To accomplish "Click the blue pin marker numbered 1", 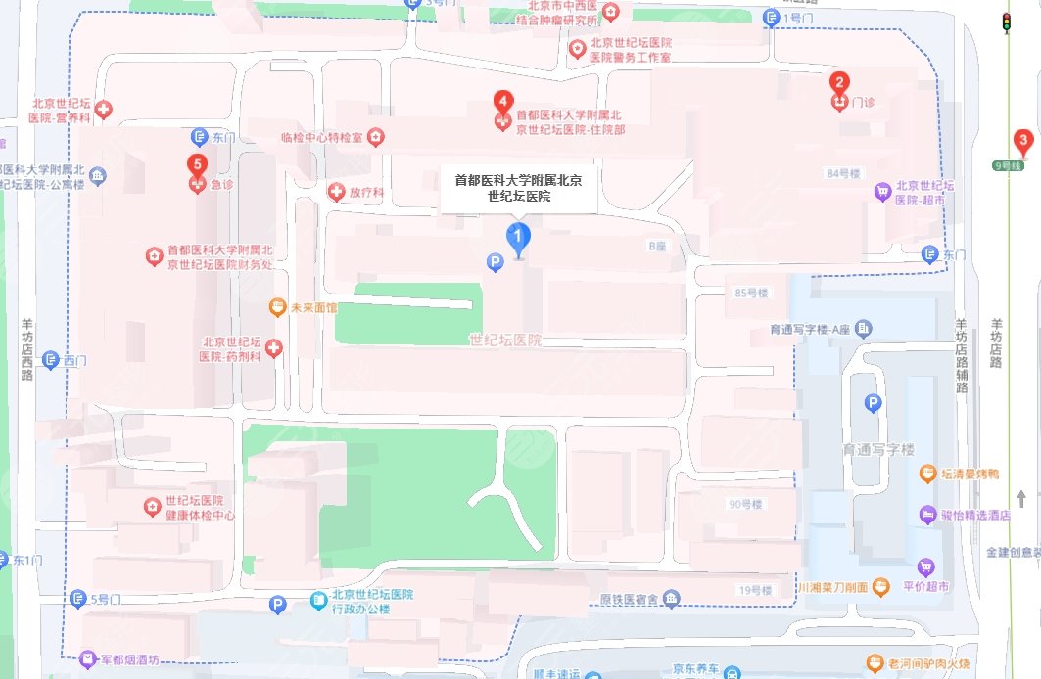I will pos(517,237).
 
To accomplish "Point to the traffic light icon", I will pos(1006,23).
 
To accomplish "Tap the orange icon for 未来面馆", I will pos(279,307).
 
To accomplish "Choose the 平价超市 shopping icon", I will pos(925,566).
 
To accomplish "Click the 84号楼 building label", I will pos(842,173).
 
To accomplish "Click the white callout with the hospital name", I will pos(518,187).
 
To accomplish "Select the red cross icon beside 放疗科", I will pos(337,192).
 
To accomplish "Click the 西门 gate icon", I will pos(51,360).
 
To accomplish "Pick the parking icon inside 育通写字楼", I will pos(873,403).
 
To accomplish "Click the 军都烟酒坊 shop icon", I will pos(88,659).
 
